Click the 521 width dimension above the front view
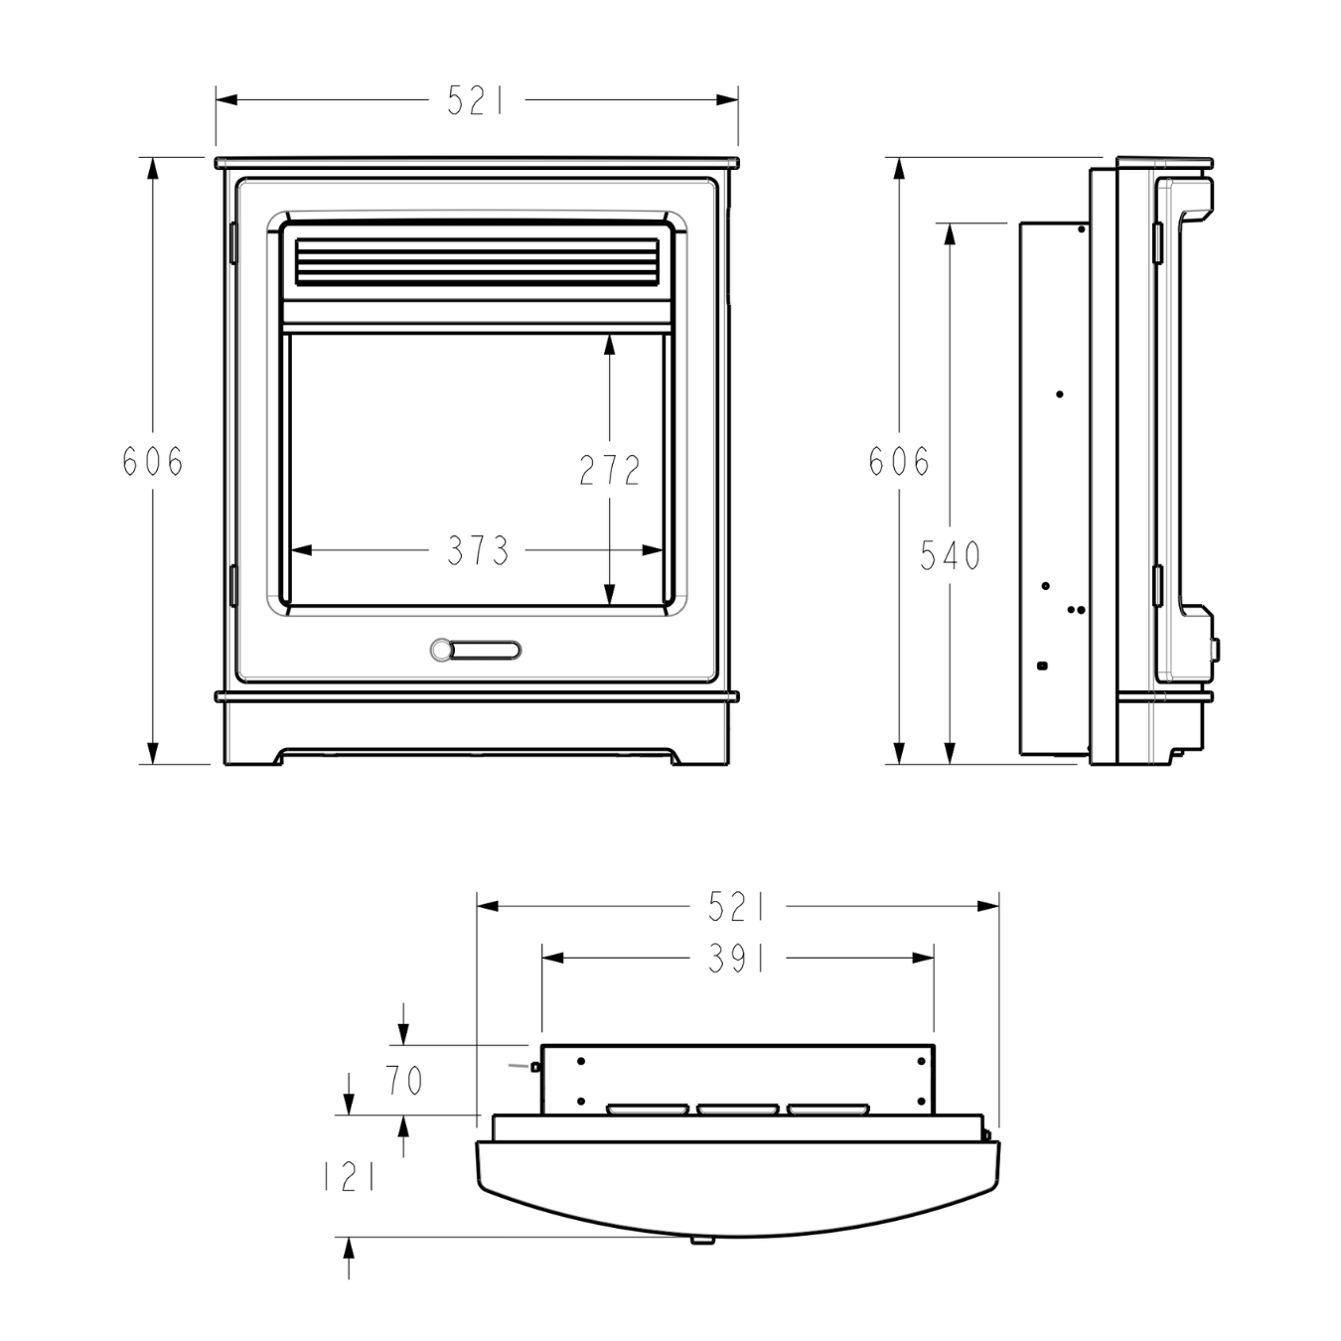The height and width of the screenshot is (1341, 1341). click(477, 100)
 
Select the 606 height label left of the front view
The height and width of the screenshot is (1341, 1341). click(153, 462)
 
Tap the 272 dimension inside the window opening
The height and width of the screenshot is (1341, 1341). click(610, 471)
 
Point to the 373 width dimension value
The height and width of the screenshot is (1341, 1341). click(478, 550)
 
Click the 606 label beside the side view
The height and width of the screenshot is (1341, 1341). click(899, 462)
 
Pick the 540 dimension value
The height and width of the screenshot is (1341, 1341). click(951, 556)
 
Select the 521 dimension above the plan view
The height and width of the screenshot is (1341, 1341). click(737, 907)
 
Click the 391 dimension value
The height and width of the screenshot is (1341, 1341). click(737, 959)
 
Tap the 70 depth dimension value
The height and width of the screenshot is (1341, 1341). click(404, 1081)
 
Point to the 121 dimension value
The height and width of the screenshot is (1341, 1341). click(350, 1178)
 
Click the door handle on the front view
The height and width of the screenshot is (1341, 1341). click(476, 650)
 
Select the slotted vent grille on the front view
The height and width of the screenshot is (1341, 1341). click(477, 261)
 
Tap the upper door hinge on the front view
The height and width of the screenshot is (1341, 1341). click(232, 243)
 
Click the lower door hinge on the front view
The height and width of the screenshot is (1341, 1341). click(232, 585)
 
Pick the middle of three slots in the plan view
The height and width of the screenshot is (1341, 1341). click(737, 1109)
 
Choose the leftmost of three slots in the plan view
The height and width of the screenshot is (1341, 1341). click(647, 1109)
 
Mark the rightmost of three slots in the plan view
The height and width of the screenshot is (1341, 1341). click(827, 1109)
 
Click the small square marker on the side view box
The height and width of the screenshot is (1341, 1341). click(1041, 665)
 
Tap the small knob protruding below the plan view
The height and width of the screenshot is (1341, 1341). click(703, 1240)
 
